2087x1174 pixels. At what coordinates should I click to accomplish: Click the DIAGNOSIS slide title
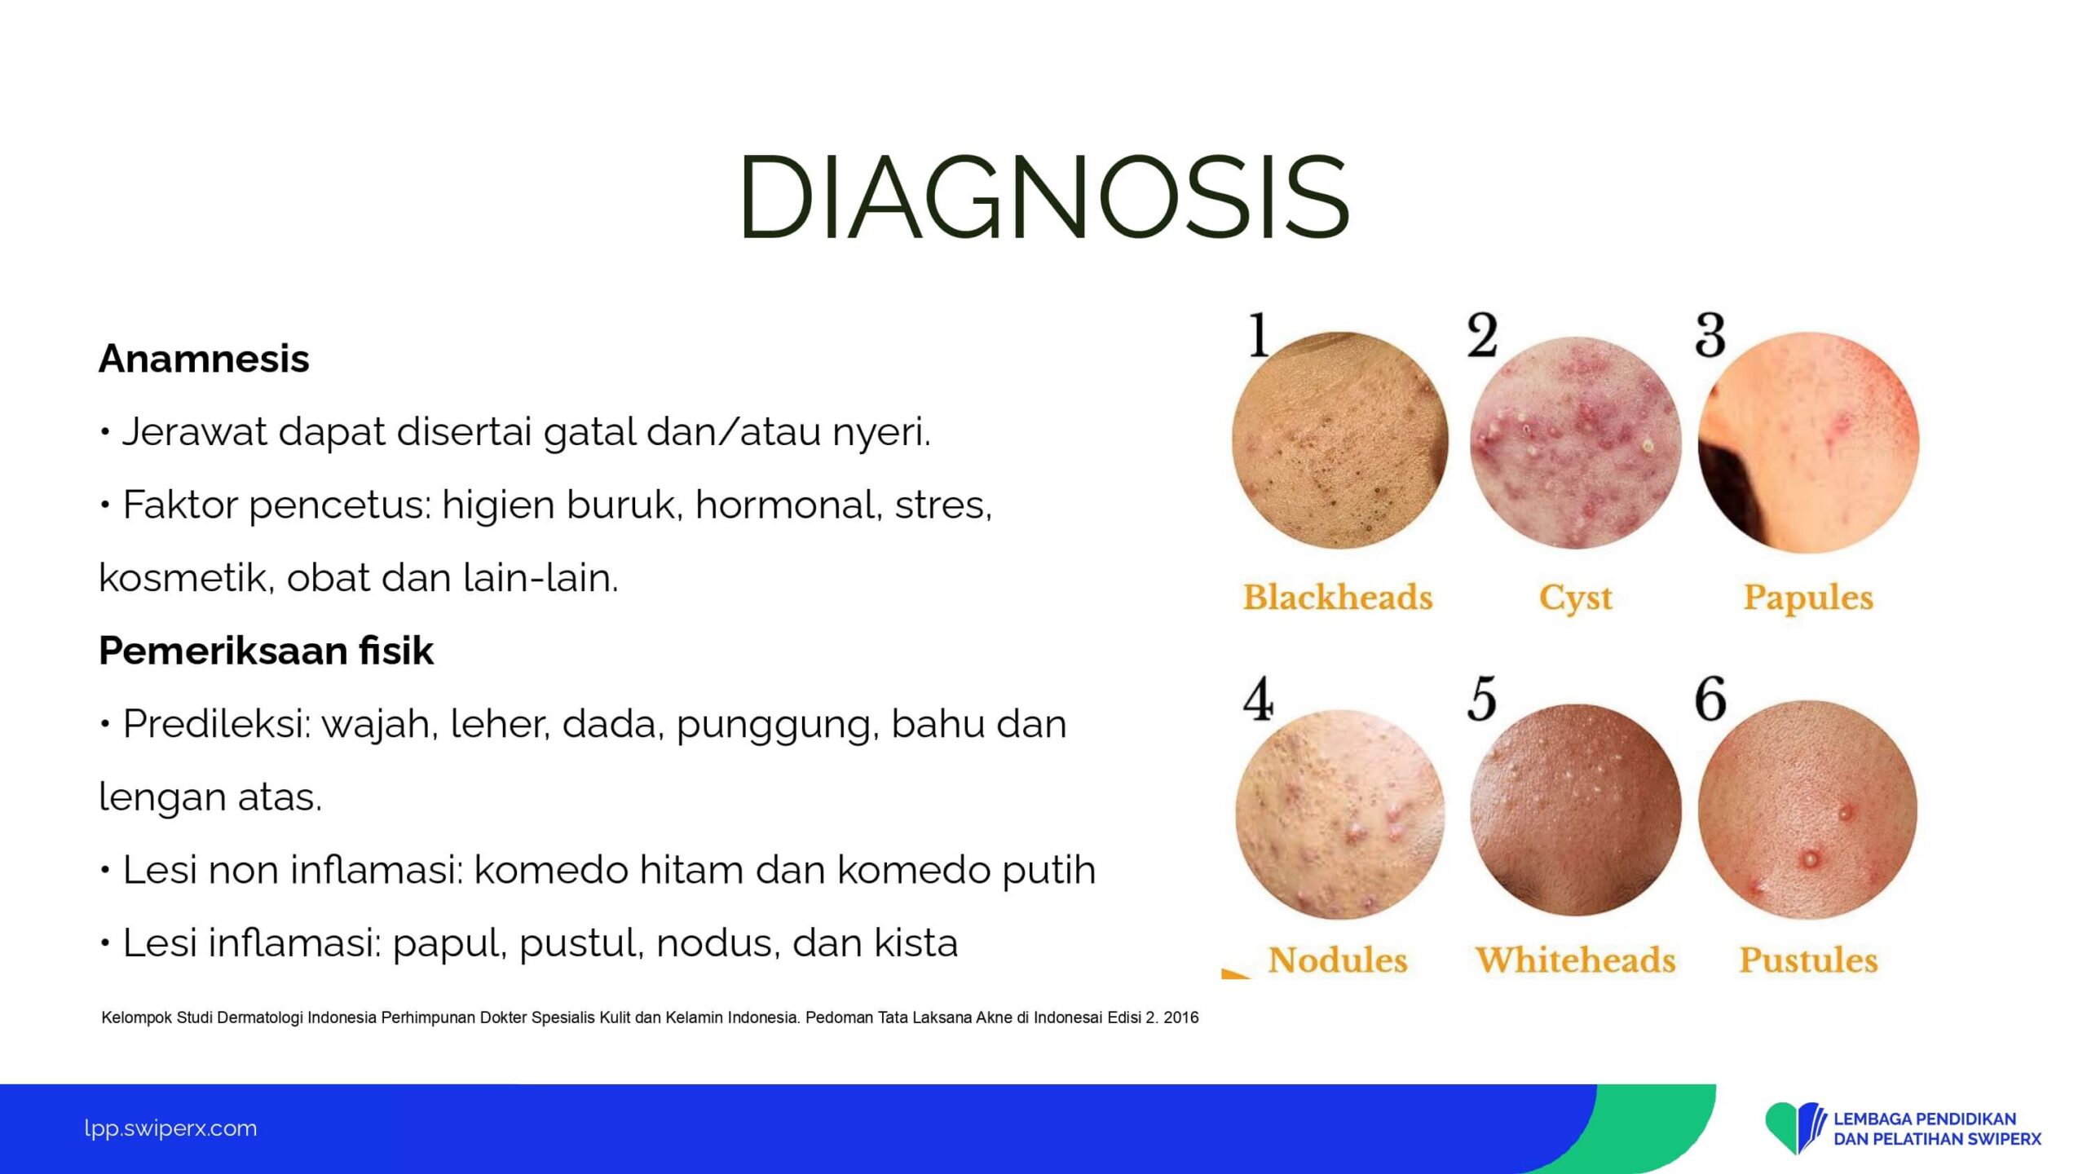[1044, 196]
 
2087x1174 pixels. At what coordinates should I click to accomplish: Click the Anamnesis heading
[204, 359]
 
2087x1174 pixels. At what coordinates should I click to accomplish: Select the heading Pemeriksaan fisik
[266, 651]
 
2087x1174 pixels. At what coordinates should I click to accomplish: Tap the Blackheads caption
[1337, 597]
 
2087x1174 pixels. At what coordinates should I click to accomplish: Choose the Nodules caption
[1338, 960]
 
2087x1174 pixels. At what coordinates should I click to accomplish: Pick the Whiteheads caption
[1575, 960]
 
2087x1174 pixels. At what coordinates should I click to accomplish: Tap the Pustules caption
[1808, 960]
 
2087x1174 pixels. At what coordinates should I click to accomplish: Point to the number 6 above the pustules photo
[1710, 700]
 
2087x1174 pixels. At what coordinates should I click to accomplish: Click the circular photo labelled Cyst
[1575, 442]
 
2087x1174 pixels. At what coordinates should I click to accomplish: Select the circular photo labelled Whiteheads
[1575, 809]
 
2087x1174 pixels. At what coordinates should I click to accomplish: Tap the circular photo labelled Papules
[1808, 442]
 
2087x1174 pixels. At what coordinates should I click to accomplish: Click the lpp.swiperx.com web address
[170, 1128]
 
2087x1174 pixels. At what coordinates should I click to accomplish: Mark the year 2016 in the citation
[1180, 1017]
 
